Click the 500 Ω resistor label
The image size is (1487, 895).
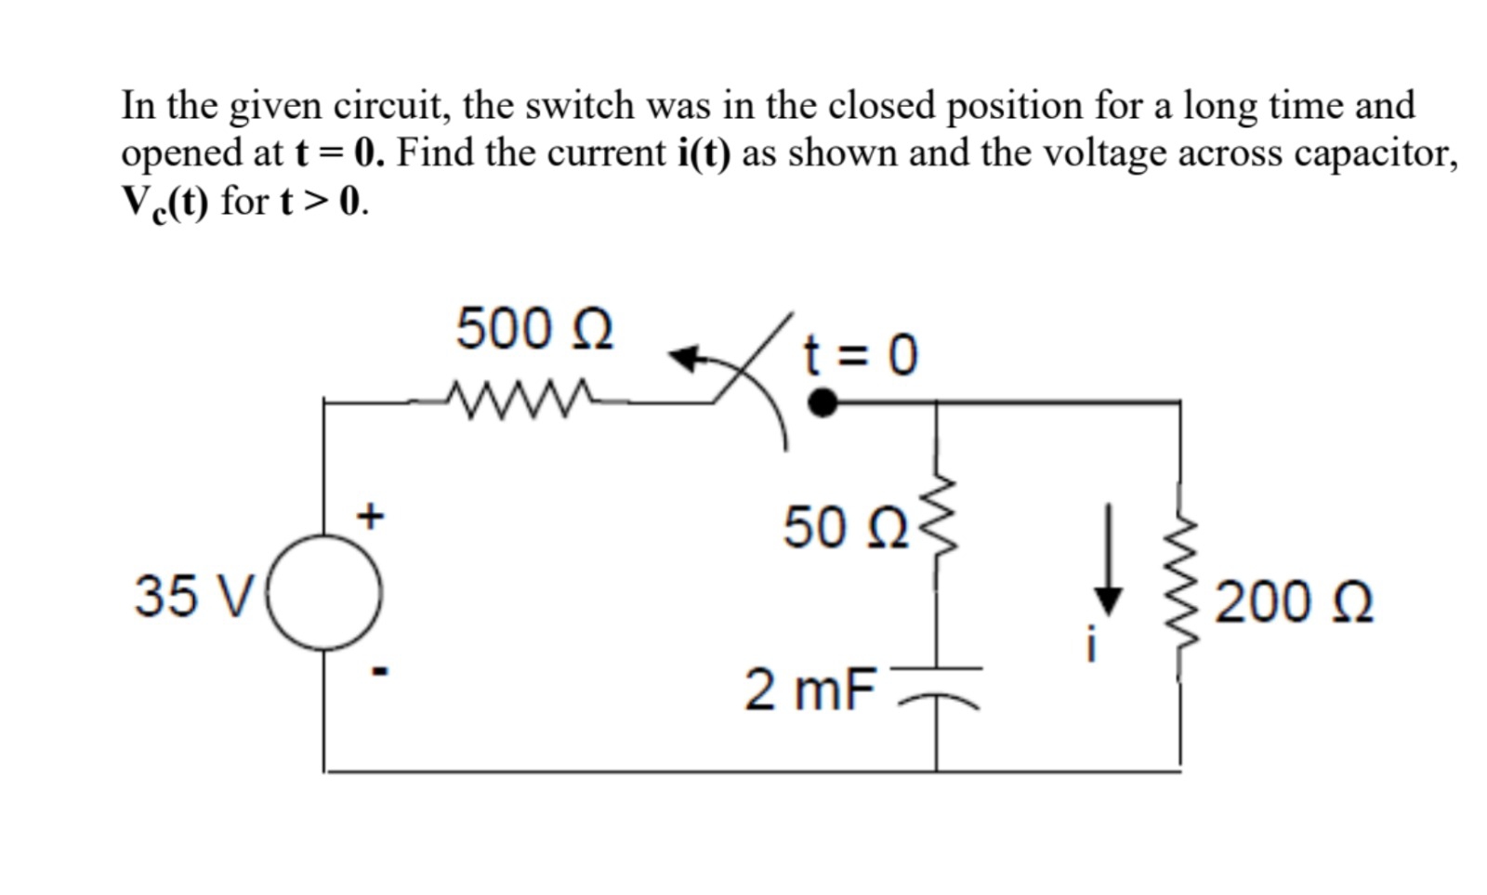click(x=534, y=329)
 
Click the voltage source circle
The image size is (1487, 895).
click(x=324, y=592)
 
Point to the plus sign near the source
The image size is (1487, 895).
click(x=371, y=516)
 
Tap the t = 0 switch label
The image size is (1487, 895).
click(x=861, y=354)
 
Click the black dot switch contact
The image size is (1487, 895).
click(x=822, y=402)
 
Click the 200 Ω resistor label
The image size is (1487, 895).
click(x=1294, y=602)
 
